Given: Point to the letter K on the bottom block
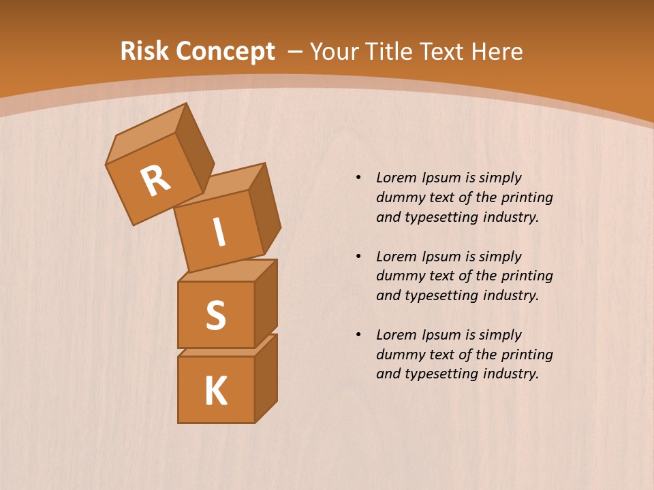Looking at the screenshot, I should point(215,391).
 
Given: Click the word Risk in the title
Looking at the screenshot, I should point(144,51).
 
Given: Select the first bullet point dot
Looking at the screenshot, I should point(358,178).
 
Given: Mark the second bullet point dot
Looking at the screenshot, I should point(358,257).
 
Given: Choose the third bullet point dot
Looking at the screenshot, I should point(358,335).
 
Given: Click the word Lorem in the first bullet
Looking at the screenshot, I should point(396,178).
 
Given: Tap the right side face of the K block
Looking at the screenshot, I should point(266,378).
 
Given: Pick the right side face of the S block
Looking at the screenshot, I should point(266,303).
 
